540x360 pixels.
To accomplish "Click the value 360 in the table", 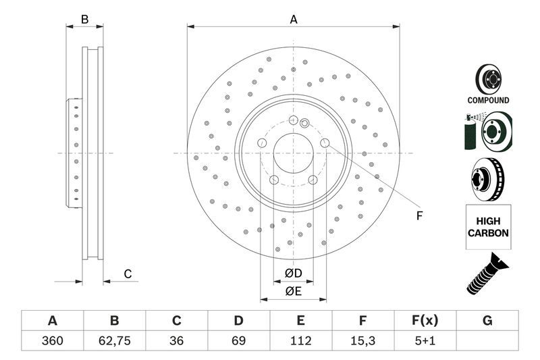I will [52, 340].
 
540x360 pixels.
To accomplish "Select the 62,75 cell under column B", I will [114, 340].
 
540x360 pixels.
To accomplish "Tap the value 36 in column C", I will [177, 340].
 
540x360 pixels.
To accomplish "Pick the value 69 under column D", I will [239, 340].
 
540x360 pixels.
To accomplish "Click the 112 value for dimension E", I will [301, 340].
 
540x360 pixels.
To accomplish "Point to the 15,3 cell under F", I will [363, 340].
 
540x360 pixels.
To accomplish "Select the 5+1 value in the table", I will [425, 340].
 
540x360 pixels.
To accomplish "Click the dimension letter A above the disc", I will [294, 20].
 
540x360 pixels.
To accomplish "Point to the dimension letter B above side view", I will [84, 20].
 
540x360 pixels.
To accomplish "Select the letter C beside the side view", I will [127, 274].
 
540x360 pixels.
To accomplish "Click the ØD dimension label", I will [292, 274].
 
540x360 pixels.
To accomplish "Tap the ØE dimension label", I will [292, 292].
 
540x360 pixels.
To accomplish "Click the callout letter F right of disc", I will [418, 216].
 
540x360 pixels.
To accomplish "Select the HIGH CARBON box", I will [487, 227].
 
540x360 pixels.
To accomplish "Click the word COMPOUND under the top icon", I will [488, 100].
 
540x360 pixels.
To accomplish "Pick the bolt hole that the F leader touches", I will [325, 143].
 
